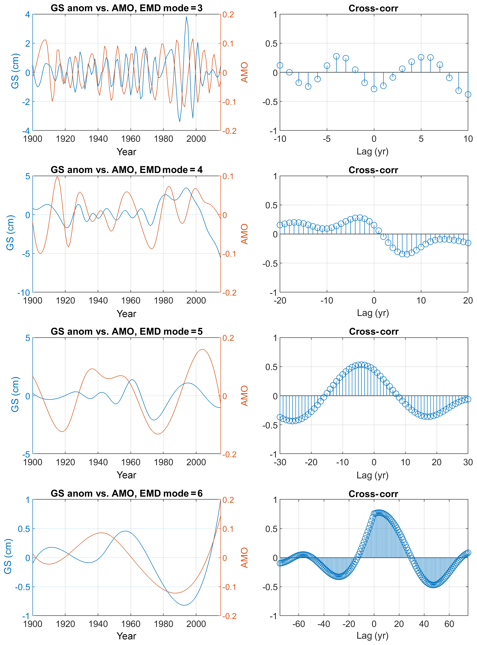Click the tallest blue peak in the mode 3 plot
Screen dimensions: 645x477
point(186,17)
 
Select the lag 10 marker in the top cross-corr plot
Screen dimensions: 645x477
point(468,94)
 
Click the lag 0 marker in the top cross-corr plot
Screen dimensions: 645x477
point(374,89)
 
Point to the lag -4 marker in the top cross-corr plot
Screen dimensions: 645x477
point(336,56)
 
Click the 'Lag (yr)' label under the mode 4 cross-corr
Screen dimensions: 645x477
point(373,313)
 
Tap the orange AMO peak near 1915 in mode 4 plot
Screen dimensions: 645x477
point(57,177)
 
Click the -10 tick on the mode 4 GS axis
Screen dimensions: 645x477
point(24,293)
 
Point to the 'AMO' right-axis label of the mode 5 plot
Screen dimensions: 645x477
point(244,396)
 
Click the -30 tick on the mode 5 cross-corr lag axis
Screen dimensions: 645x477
point(280,462)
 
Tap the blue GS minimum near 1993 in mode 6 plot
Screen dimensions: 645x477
point(184,605)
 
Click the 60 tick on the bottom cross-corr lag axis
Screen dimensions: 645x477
point(449,624)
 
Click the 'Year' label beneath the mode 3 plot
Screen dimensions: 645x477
point(126,152)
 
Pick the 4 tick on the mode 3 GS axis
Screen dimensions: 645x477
point(27,15)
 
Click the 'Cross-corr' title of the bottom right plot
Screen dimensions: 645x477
point(373,494)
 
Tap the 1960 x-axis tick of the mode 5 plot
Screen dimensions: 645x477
point(131,462)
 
